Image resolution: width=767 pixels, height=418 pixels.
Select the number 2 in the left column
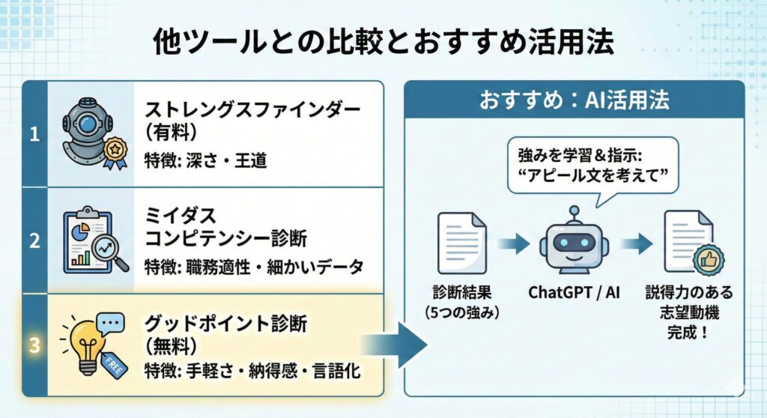[x=34, y=240]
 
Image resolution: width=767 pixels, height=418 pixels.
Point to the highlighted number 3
[x=34, y=345]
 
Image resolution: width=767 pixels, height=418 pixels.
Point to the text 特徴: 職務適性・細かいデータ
[x=254, y=265]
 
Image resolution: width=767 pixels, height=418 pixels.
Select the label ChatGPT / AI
[x=575, y=291]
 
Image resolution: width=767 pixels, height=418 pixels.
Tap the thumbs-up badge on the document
[x=707, y=261]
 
